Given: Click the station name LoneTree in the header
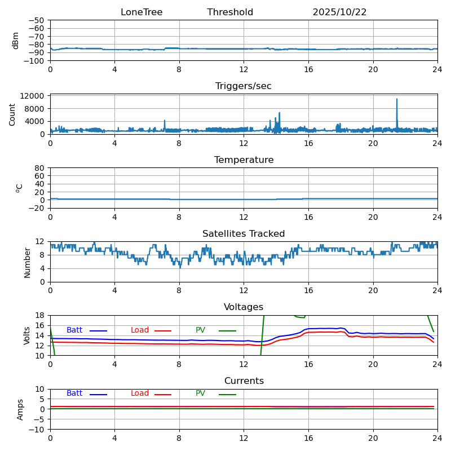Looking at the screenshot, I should tap(142, 12).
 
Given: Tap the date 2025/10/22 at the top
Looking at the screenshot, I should tap(339, 12).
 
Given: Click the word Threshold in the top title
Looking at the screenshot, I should tap(230, 12).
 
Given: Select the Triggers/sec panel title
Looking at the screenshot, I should tap(244, 86).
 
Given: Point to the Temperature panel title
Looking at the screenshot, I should tap(244, 160).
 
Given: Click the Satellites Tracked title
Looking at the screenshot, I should tap(244, 234).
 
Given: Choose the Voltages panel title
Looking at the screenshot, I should tap(244, 307).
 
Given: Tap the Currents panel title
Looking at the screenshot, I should tap(244, 381).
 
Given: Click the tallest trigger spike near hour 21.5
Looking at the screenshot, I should tap(397, 100).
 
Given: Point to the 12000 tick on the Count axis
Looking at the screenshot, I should tap(36, 96).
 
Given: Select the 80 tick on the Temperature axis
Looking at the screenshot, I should tap(41, 168).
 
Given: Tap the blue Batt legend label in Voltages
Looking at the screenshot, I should tap(74, 330).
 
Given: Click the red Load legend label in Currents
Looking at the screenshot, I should tap(140, 393).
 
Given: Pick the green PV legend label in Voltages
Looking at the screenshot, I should tap(200, 330).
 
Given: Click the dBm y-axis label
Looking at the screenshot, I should tap(16, 40).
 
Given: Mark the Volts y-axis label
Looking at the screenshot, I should tap(27, 335).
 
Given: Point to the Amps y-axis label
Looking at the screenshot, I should tap(20, 409).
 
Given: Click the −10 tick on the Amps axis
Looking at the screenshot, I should tap(38, 430).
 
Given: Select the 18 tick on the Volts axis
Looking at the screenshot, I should tap(41, 316).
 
